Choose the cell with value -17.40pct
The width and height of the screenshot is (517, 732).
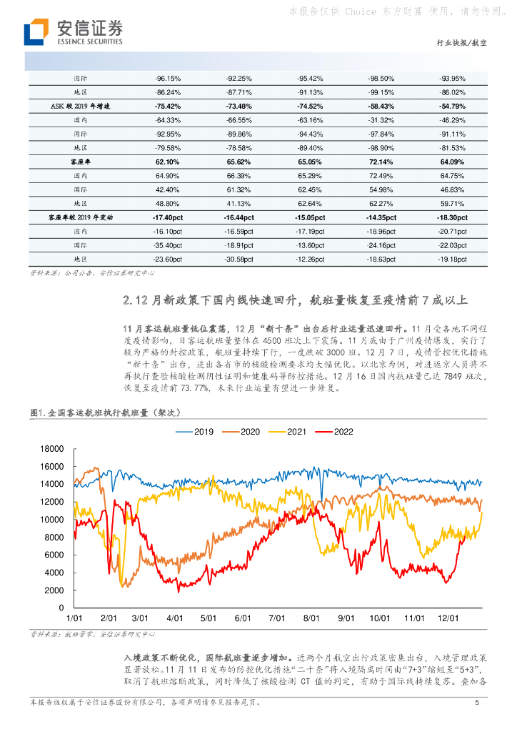tap(168, 217)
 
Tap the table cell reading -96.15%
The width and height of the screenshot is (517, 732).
tap(168, 78)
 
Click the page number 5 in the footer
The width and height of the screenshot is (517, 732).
tap(476, 703)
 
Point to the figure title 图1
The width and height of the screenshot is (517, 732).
tap(39, 412)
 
